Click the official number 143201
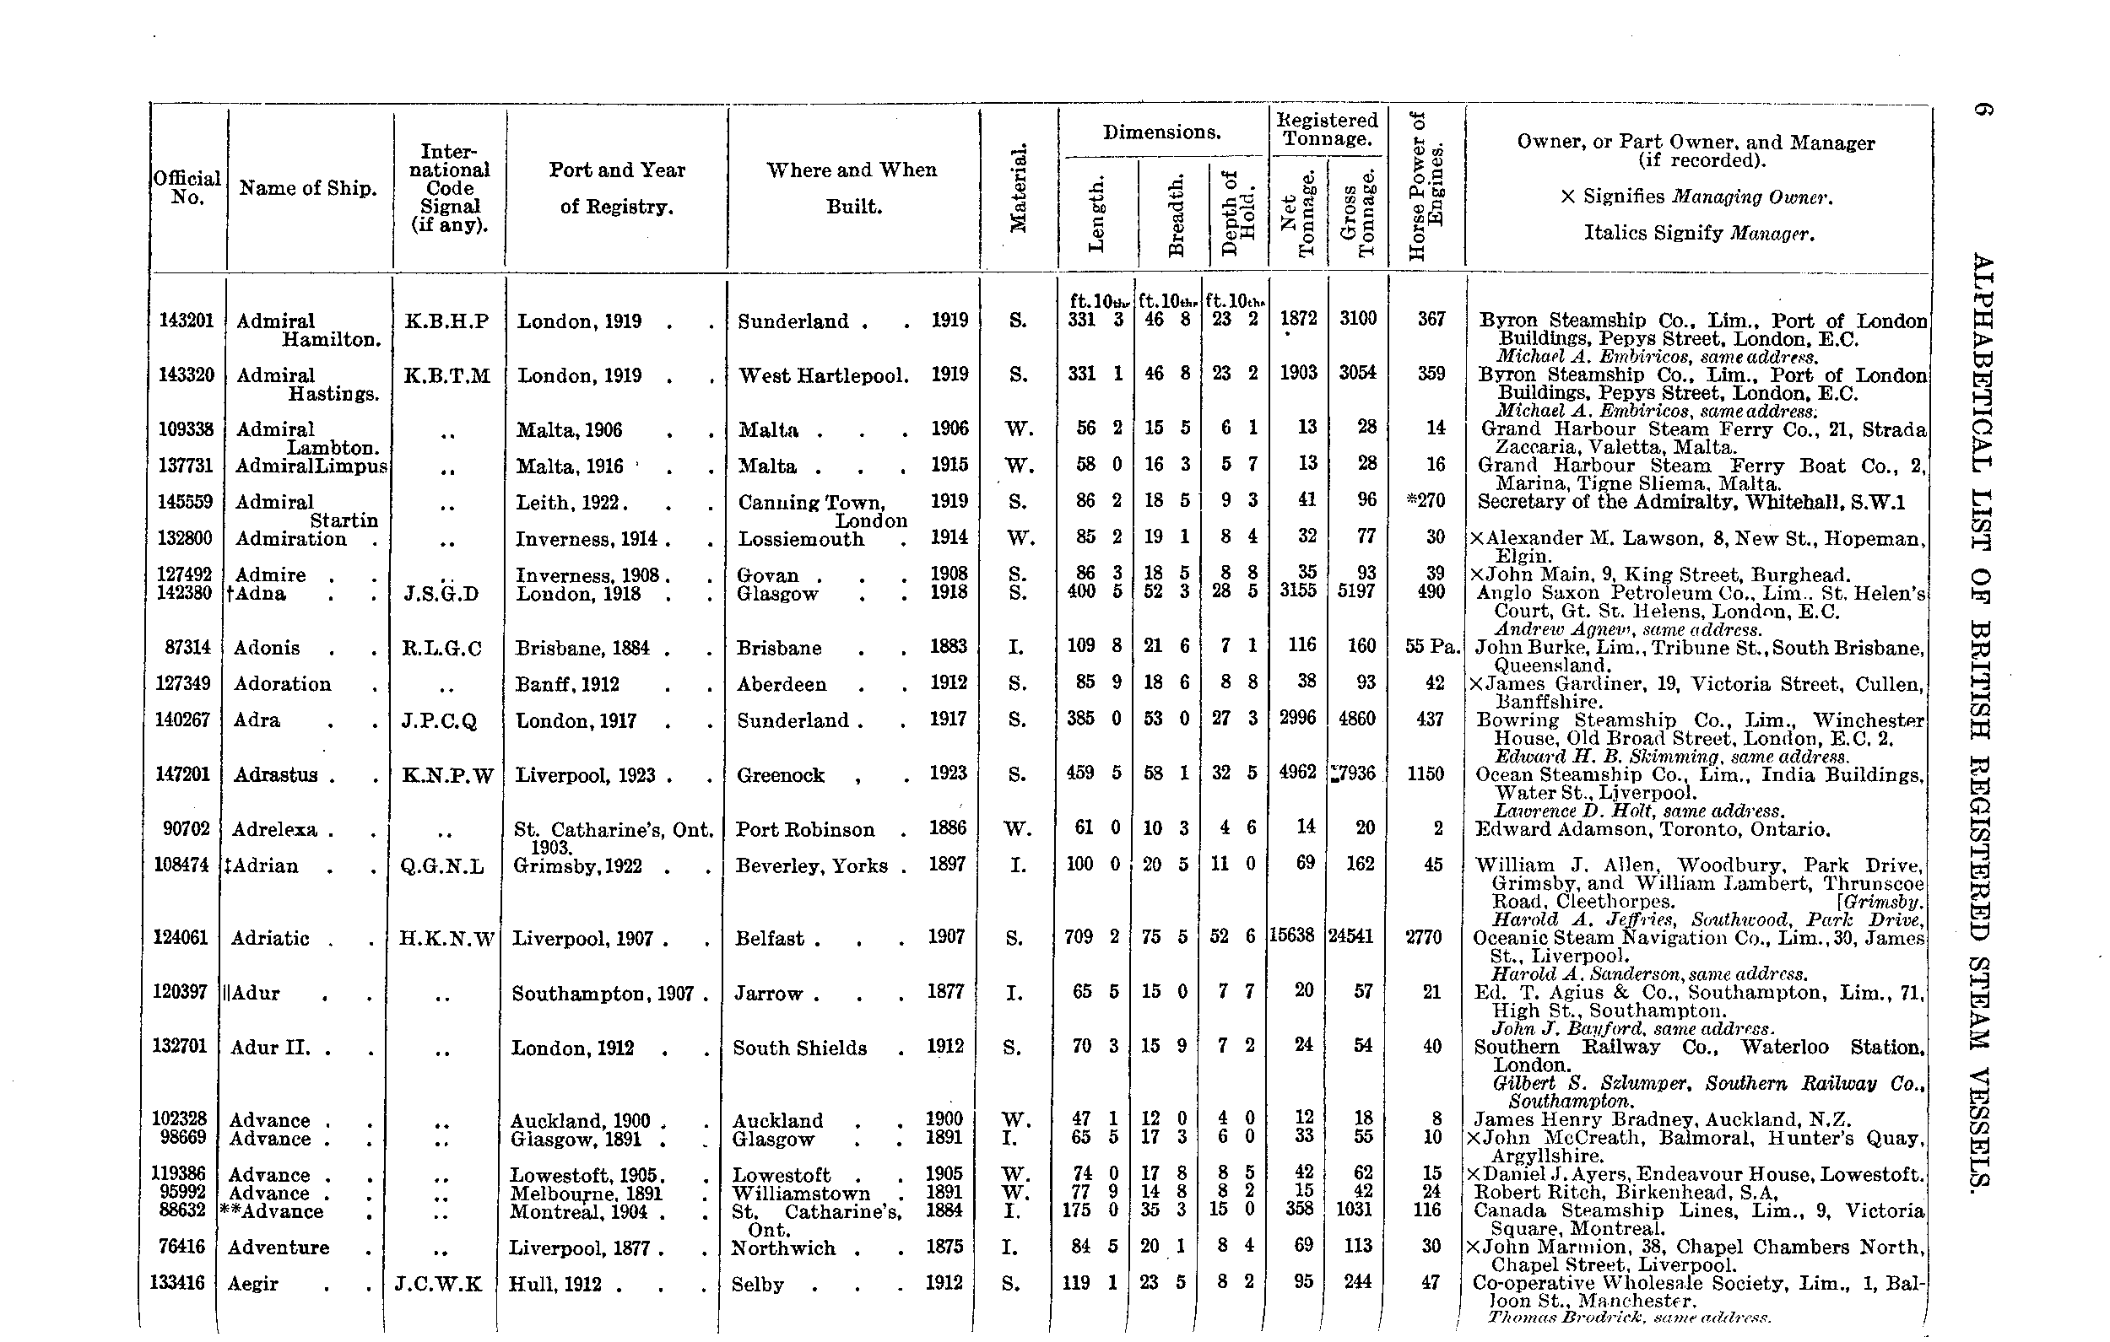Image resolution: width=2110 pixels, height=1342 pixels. [186, 321]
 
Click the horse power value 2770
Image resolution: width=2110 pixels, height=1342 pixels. [1424, 937]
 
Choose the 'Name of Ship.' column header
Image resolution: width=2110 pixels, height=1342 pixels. [307, 188]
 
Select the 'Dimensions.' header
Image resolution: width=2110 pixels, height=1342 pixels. [1161, 132]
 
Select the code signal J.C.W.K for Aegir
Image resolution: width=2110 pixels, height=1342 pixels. [438, 1284]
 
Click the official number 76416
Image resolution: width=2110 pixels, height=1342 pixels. [182, 1247]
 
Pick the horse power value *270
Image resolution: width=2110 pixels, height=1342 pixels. [1425, 500]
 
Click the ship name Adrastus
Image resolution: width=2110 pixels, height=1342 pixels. [277, 775]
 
